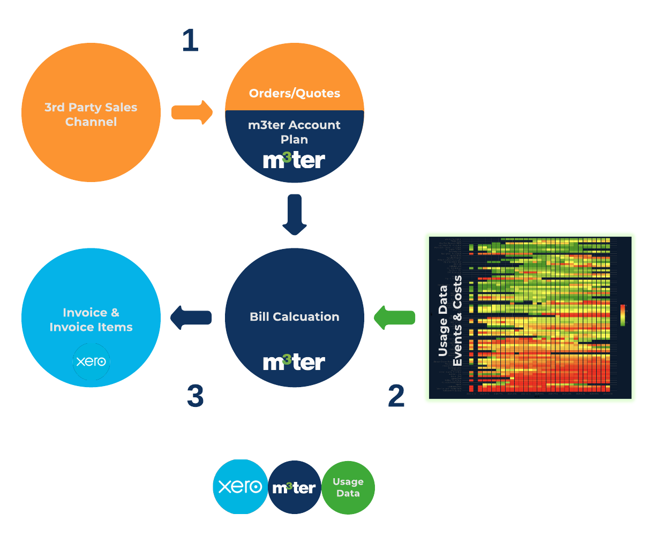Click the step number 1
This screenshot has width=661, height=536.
(190, 41)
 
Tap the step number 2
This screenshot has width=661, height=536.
(396, 396)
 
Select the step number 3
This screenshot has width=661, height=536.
(196, 396)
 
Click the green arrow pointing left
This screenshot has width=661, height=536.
(395, 318)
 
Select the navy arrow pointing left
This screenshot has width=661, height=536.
(191, 318)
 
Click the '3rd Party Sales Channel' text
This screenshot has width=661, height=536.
(91, 115)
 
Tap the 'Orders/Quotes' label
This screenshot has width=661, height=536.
(295, 93)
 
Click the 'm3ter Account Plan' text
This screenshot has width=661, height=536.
(295, 132)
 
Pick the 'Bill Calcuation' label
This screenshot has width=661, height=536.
(295, 316)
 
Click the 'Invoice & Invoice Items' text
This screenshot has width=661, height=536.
(91, 320)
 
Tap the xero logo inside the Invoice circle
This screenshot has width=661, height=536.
(91, 362)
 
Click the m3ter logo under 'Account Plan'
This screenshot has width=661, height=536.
(294, 160)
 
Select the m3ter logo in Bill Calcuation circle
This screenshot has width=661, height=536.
(294, 363)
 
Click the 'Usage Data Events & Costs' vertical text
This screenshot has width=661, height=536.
(449, 321)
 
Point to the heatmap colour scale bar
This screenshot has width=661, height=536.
(622, 315)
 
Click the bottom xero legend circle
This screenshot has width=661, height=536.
(241, 487)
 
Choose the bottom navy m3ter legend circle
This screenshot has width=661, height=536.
(294, 488)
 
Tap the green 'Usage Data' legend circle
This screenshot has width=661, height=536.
(348, 488)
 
